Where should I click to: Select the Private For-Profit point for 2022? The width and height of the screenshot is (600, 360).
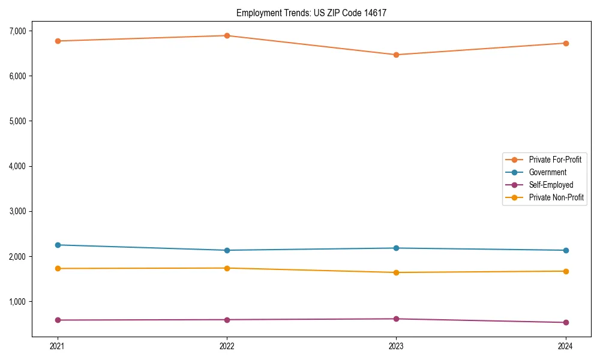click(227, 35)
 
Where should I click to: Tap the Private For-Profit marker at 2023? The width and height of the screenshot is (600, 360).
click(396, 55)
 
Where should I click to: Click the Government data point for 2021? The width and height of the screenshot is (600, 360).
click(58, 245)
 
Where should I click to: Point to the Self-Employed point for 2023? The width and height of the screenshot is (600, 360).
click(396, 319)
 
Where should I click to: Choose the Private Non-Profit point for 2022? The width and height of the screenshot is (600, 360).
click(227, 268)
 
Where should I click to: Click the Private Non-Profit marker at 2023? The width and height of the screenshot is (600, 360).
click(396, 272)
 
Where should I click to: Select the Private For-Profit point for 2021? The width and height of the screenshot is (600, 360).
click(58, 41)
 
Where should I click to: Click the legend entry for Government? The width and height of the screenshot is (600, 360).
click(547, 172)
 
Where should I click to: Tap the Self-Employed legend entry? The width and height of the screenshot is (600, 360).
click(551, 185)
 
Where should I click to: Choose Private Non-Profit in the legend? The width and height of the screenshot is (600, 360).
click(556, 197)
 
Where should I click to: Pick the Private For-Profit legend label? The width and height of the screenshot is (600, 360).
click(555, 160)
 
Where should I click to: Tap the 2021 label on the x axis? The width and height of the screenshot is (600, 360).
click(58, 346)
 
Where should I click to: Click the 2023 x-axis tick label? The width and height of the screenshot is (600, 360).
click(396, 346)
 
